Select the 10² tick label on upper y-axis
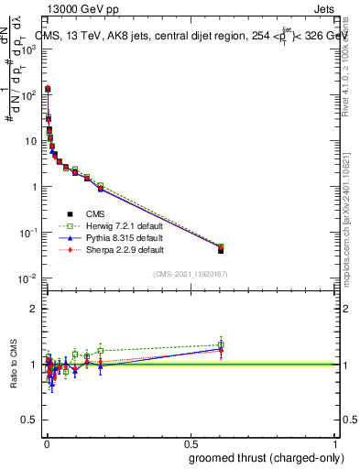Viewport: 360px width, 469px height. [28, 94]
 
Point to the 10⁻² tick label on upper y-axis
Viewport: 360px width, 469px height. [28, 278]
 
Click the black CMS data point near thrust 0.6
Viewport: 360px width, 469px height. [221, 250]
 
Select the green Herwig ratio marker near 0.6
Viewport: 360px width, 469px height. [221, 345]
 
